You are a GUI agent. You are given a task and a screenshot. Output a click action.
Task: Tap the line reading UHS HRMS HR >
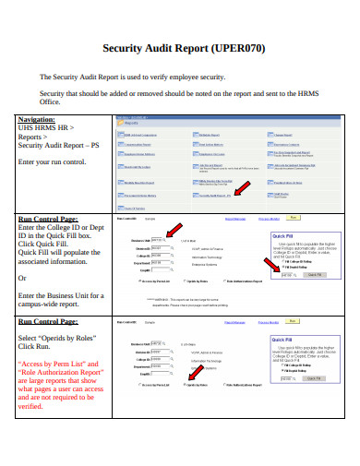pyautogui.click(x=46, y=128)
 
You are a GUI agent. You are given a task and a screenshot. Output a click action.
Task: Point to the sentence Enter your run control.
pyautogui.click(x=53, y=162)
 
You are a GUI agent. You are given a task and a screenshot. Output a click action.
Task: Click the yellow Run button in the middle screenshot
pyautogui.click(x=294, y=218)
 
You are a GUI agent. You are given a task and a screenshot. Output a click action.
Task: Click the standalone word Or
pyautogui.click(x=23, y=277)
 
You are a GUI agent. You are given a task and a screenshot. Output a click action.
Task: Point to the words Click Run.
pyautogui.click(x=37, y=348)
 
